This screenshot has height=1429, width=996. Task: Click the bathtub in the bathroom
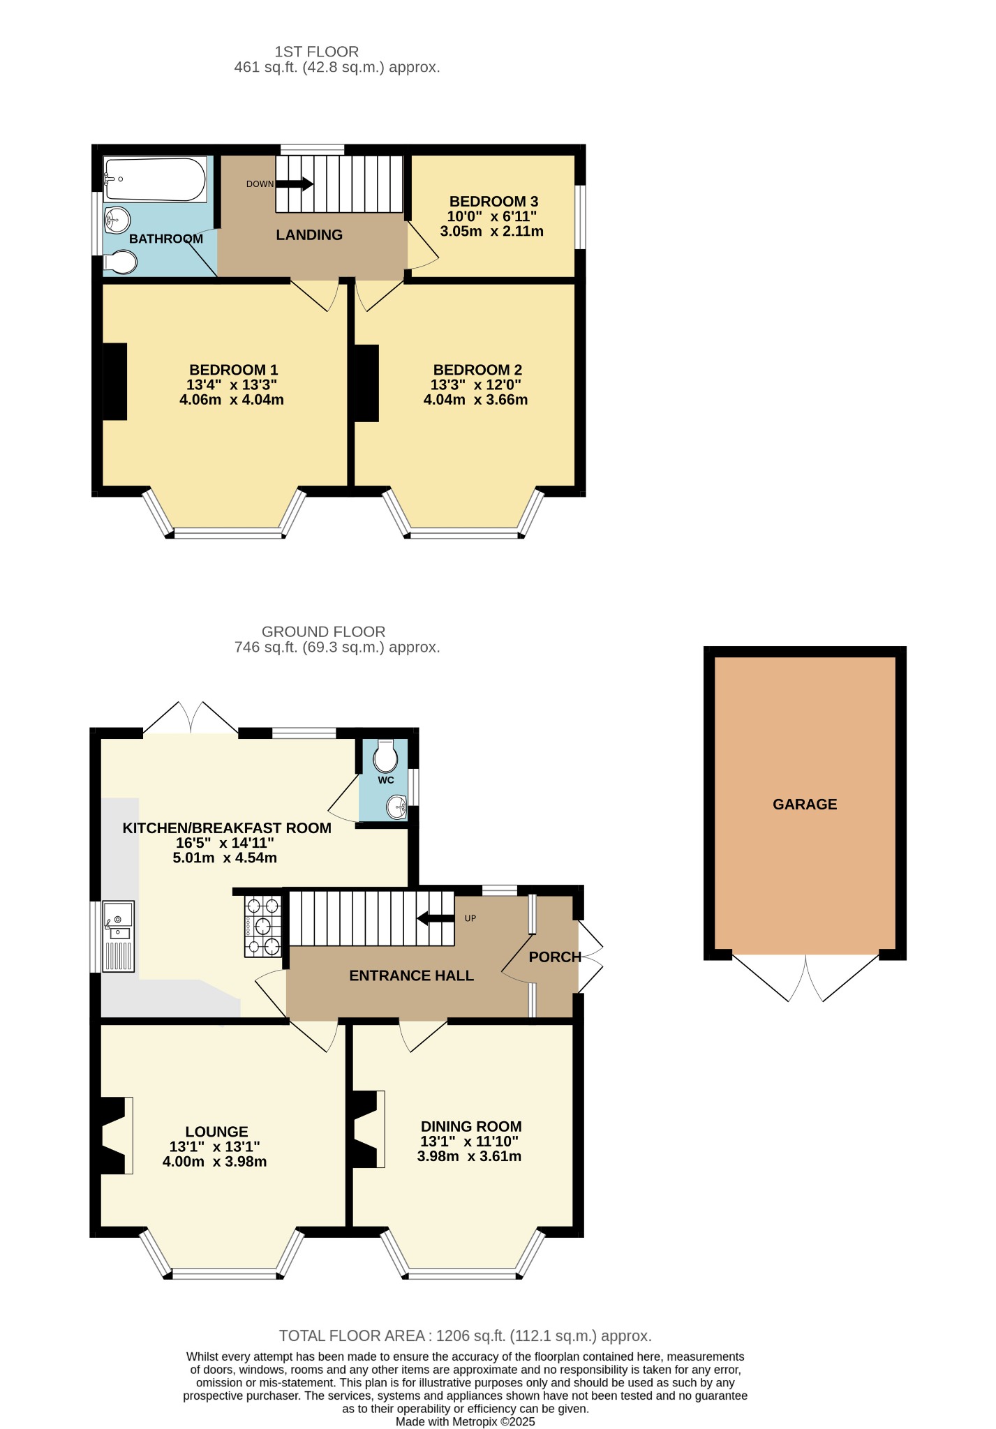(x=155, y=179)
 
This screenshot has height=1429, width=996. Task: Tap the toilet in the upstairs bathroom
(x=120, y=262)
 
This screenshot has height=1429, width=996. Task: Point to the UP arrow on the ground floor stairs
(x=436, y=918)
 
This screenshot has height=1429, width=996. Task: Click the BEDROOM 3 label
(x=493, y=201)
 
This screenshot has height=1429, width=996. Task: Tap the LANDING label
(x=309, y=235)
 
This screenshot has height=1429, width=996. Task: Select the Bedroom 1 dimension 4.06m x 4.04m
(x=232, y=400)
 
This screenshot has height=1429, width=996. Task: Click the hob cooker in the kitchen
(x=262, y=926)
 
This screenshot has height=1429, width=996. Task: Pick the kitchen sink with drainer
(x=119, y=936)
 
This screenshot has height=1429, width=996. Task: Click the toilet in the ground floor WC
(x=385, y=756)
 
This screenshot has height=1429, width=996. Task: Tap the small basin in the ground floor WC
(x=397, y=808)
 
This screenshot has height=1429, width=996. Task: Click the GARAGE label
(x=805, y=805)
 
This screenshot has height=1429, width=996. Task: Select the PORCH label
(x=555, y=957)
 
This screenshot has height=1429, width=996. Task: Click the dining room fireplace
(x=369, y=1129)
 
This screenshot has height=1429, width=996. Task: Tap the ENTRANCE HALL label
(x=412, y=975)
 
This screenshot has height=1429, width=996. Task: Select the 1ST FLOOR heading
(x=317, y=52)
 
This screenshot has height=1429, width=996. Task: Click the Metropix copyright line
(x=466, y=1421)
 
